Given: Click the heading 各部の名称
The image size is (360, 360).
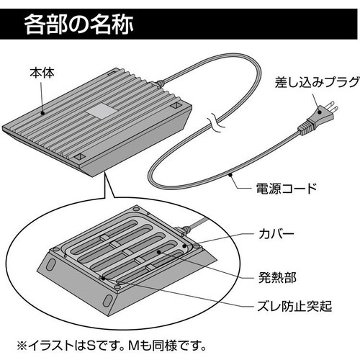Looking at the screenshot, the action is (x=78, y=24).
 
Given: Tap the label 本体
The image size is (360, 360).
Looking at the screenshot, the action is (x=42, y=73).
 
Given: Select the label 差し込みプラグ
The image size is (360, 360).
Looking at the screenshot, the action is (x=317, y=82).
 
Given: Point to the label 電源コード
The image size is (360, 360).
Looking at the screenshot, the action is (x=287, y=189).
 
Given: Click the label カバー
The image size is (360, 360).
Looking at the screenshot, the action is (x=276, y=234).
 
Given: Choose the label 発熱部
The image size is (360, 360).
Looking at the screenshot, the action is (x=277, y=277).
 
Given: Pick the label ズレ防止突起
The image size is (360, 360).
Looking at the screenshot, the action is (x=294, y=306).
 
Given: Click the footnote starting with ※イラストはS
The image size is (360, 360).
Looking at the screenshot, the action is (x=112, y=346).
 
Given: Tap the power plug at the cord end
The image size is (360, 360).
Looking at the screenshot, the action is (x=318, y=117).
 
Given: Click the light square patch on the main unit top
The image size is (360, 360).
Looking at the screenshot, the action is (x=102, y=111).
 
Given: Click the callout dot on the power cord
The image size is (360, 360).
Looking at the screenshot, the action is (x=230, y=174).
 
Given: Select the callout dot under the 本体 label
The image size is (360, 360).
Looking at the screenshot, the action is (x=42, y=113).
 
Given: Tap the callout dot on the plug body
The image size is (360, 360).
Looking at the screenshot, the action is (x=320, y=112).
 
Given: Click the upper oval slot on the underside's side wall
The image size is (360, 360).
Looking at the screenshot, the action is (x=50, y=264).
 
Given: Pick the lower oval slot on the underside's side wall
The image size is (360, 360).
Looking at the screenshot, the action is (x=107, y=300).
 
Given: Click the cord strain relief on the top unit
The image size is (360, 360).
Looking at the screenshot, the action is (x=158, y=84).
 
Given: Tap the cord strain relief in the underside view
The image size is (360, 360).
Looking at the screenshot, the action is (x=184, y=230).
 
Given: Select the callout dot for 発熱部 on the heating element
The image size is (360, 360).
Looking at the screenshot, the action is (x=158, y=252).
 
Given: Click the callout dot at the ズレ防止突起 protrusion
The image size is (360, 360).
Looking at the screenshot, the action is (x=104, y=279).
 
